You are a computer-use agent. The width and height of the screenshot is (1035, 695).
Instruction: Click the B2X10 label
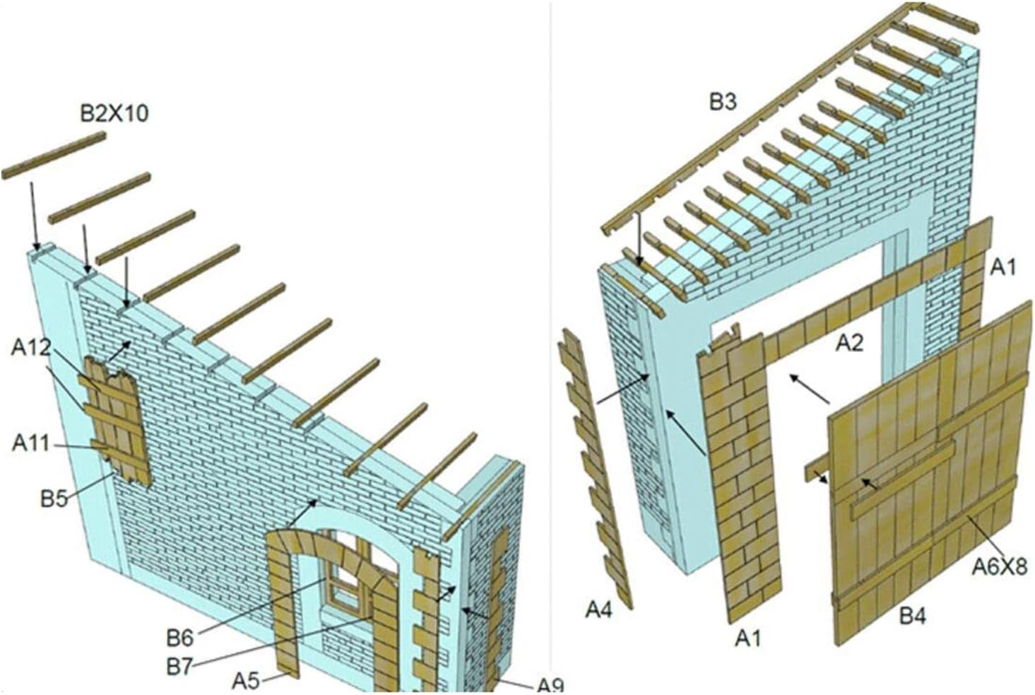(114, 112)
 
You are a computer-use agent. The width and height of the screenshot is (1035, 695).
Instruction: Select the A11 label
(31, 443)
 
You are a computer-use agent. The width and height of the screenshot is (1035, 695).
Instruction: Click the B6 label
(179, 638)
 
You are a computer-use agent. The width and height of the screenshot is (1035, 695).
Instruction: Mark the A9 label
(550, 684)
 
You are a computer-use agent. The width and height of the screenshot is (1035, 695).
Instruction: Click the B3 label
(723, 102)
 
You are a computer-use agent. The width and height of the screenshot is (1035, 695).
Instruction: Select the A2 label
(850, 343)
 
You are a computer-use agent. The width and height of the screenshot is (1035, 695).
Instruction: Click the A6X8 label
(999, 566)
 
